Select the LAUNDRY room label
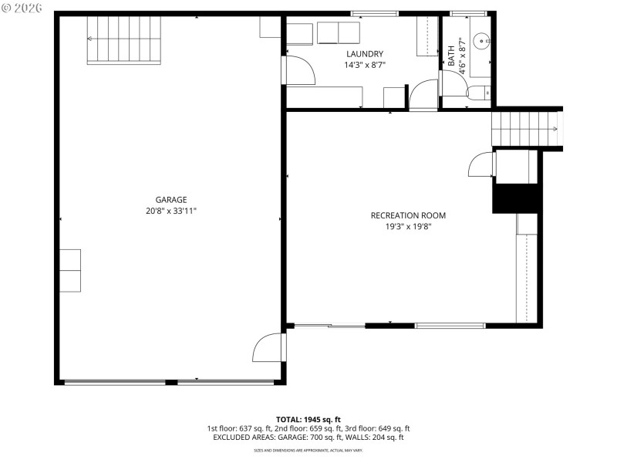pyautogui.click(x=365, y=54)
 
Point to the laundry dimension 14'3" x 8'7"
pyautogui.click(x=365, y=65)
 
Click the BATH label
pyautogui.click(x=451, y=56)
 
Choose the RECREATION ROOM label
pyautogui.click(x=408, y=215)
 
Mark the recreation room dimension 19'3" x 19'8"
pyautogui.click(x=408, y=227)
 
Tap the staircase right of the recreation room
pyautogui.click(x=524, y=127)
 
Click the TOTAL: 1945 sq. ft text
pyautogui.click(x=308, y=419)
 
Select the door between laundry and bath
pyautogui.click(x=423, y=94)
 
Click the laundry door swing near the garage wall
pyautogui.click(x=299, y=70)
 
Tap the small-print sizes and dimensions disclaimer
pyautogui.click(x=308, y=450)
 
